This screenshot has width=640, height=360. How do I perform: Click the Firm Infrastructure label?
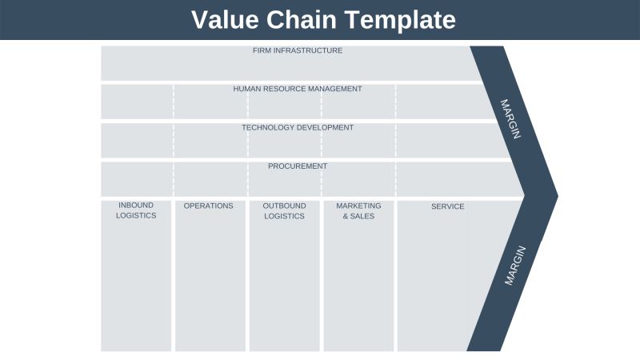point(298,50)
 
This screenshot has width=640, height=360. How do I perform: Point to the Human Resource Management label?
point(298,89)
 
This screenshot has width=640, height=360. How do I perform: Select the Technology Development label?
point(298,127)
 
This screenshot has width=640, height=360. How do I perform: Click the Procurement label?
point(298,166)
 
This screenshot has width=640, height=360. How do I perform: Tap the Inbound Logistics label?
point(136,210)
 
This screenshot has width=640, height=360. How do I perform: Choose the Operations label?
point(209,206)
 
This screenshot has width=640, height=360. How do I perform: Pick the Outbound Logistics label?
point(284,210)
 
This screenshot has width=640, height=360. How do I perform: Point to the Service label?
point(448,206)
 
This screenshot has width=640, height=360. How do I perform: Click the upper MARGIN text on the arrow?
point(510,119)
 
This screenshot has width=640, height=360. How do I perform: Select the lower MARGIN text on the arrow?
point(514,266)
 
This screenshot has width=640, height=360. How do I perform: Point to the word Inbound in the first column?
point(136,206)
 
